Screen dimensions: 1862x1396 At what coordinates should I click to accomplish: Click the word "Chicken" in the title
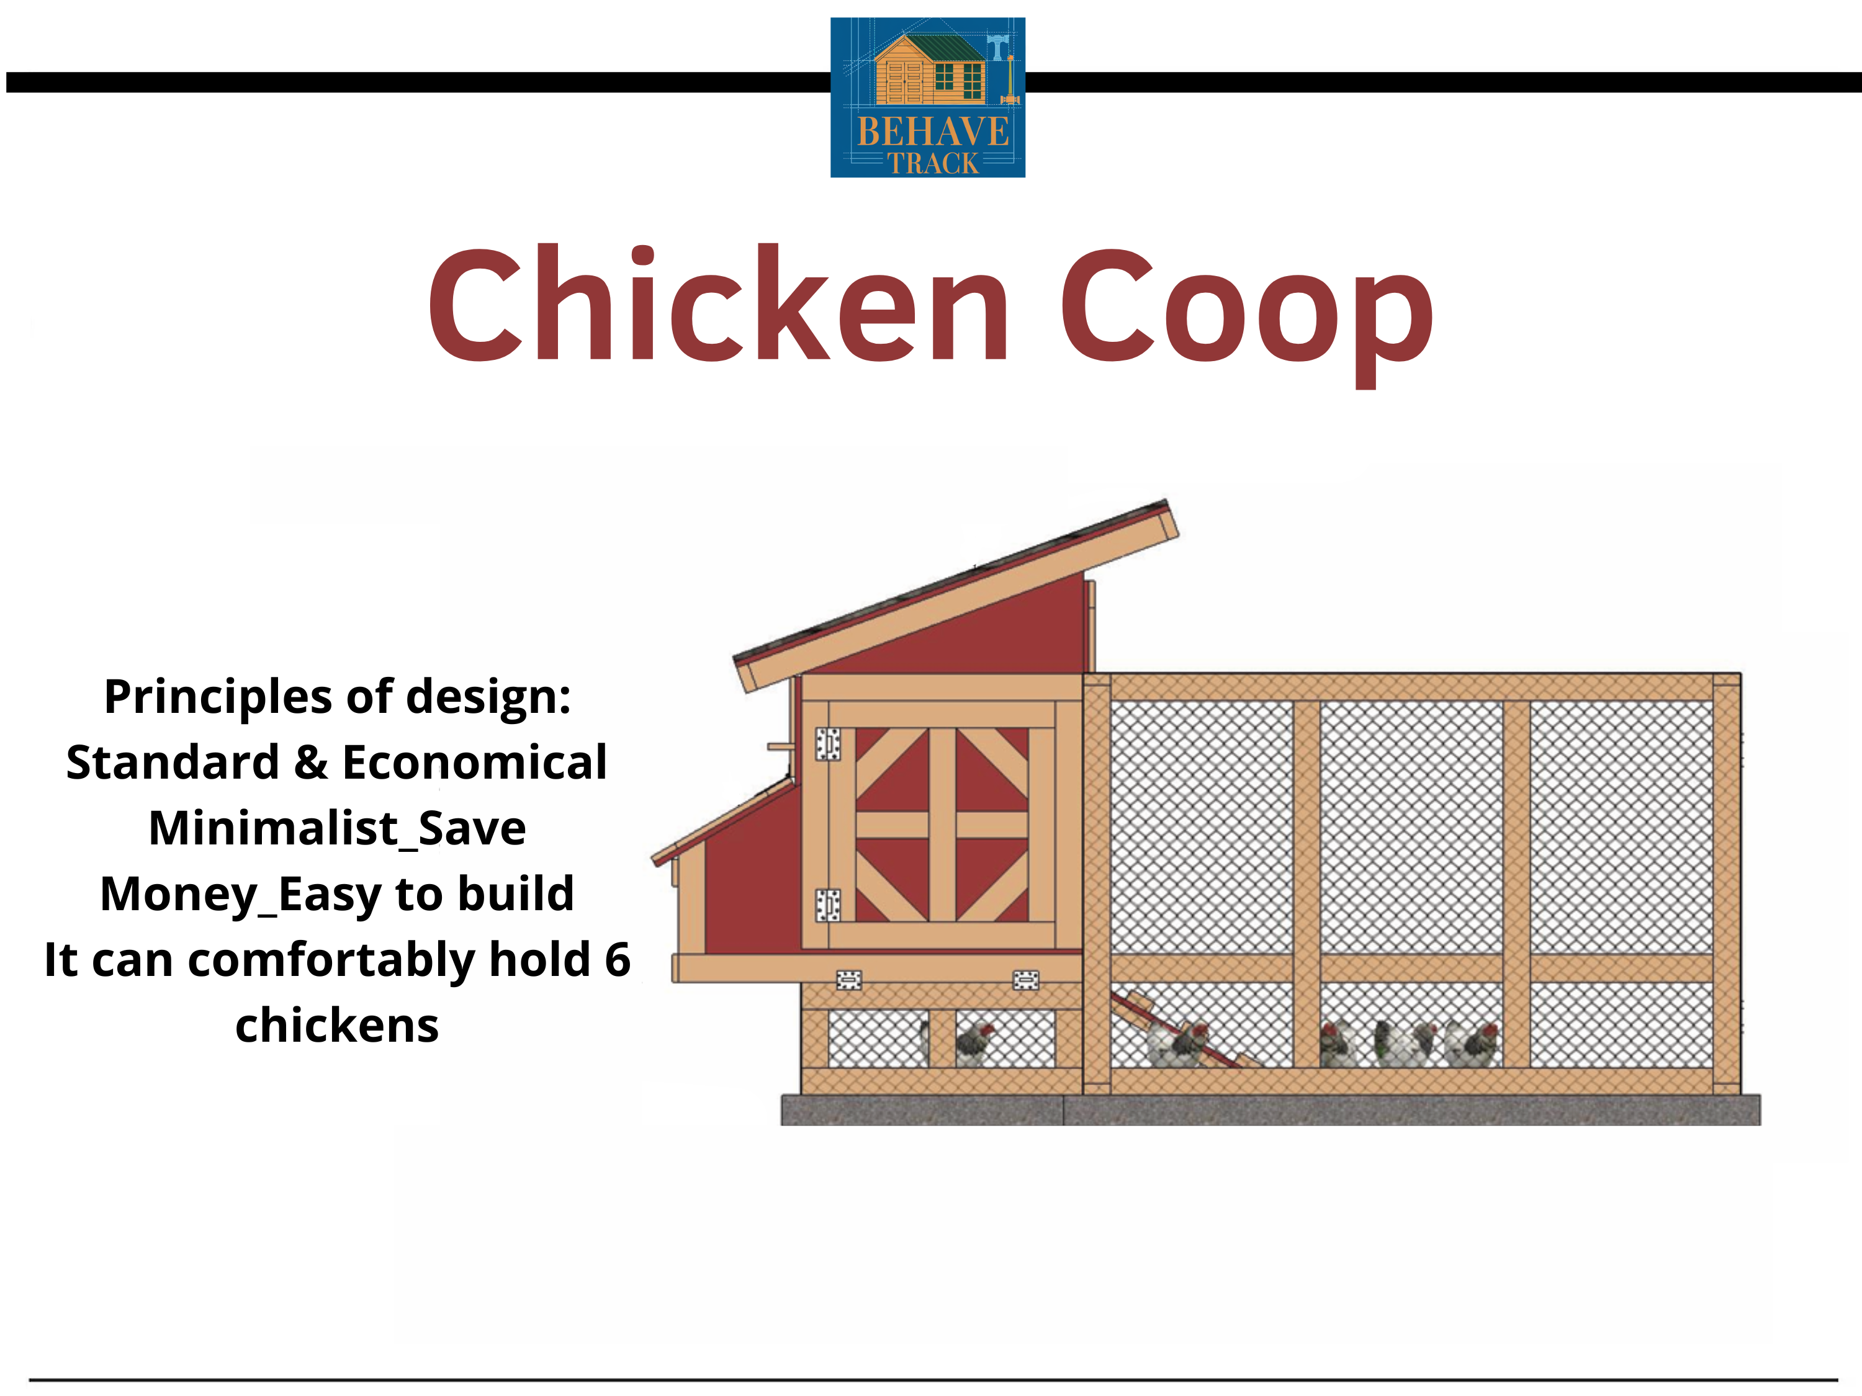(x=720, y=304)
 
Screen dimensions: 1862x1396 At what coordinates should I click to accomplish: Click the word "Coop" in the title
(x=1247, y=316)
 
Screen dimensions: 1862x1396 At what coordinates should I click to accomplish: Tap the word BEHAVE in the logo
(x=933, y=132)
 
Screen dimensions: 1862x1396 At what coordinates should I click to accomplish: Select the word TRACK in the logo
(x=933, y=163)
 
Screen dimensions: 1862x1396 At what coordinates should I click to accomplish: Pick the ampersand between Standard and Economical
(x=310, y=763)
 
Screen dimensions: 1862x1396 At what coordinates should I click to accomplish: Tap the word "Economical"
(x=475, y=763)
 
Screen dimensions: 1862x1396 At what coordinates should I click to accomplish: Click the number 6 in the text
(x=617, y=959)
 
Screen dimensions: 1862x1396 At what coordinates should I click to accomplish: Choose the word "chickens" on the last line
(x=336, y=1025)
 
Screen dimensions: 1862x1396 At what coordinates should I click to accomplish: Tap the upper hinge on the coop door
(x=827, y=744)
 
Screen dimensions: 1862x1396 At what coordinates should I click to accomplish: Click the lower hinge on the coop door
(x=827, y=905)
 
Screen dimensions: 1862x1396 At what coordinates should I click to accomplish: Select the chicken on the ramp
(x=1179, y=1044)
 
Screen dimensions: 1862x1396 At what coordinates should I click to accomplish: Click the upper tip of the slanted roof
(x=1167, y=501)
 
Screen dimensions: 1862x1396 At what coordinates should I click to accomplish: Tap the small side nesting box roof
(x=723, y=821)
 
